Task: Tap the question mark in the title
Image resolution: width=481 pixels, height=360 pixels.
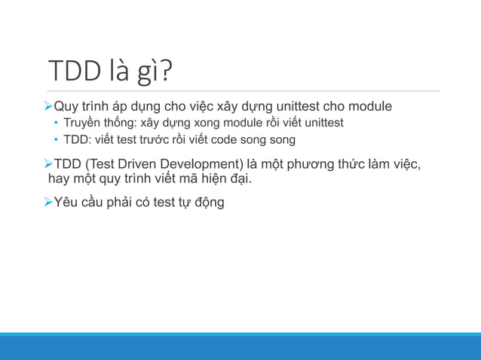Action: click(165, 71)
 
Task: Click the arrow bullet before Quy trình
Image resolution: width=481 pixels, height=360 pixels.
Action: click(47, 106)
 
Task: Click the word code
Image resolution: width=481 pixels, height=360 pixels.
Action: click(225, 139)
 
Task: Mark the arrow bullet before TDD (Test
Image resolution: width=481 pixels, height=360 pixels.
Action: click(47, 164)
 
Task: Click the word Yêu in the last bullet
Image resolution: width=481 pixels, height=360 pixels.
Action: click(66, 202)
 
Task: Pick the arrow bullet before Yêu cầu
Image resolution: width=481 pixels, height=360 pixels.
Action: click(47, 202)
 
